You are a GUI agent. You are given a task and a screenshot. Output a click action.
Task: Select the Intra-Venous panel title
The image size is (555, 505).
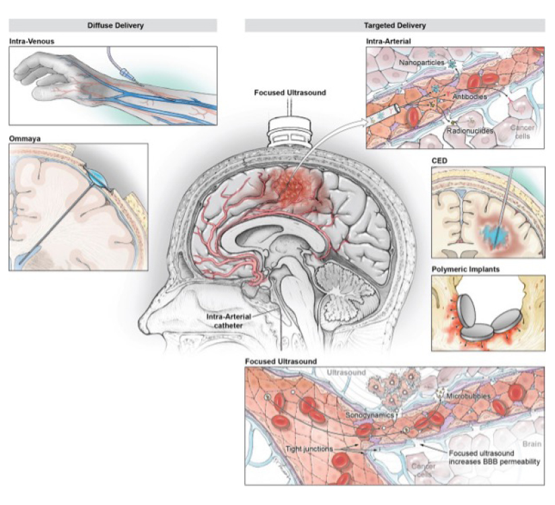(x=32, y=41)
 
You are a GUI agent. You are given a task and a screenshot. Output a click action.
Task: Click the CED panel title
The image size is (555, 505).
(x=440, y=161)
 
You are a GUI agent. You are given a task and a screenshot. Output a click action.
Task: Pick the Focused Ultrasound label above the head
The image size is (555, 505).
(x=290, y=92)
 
